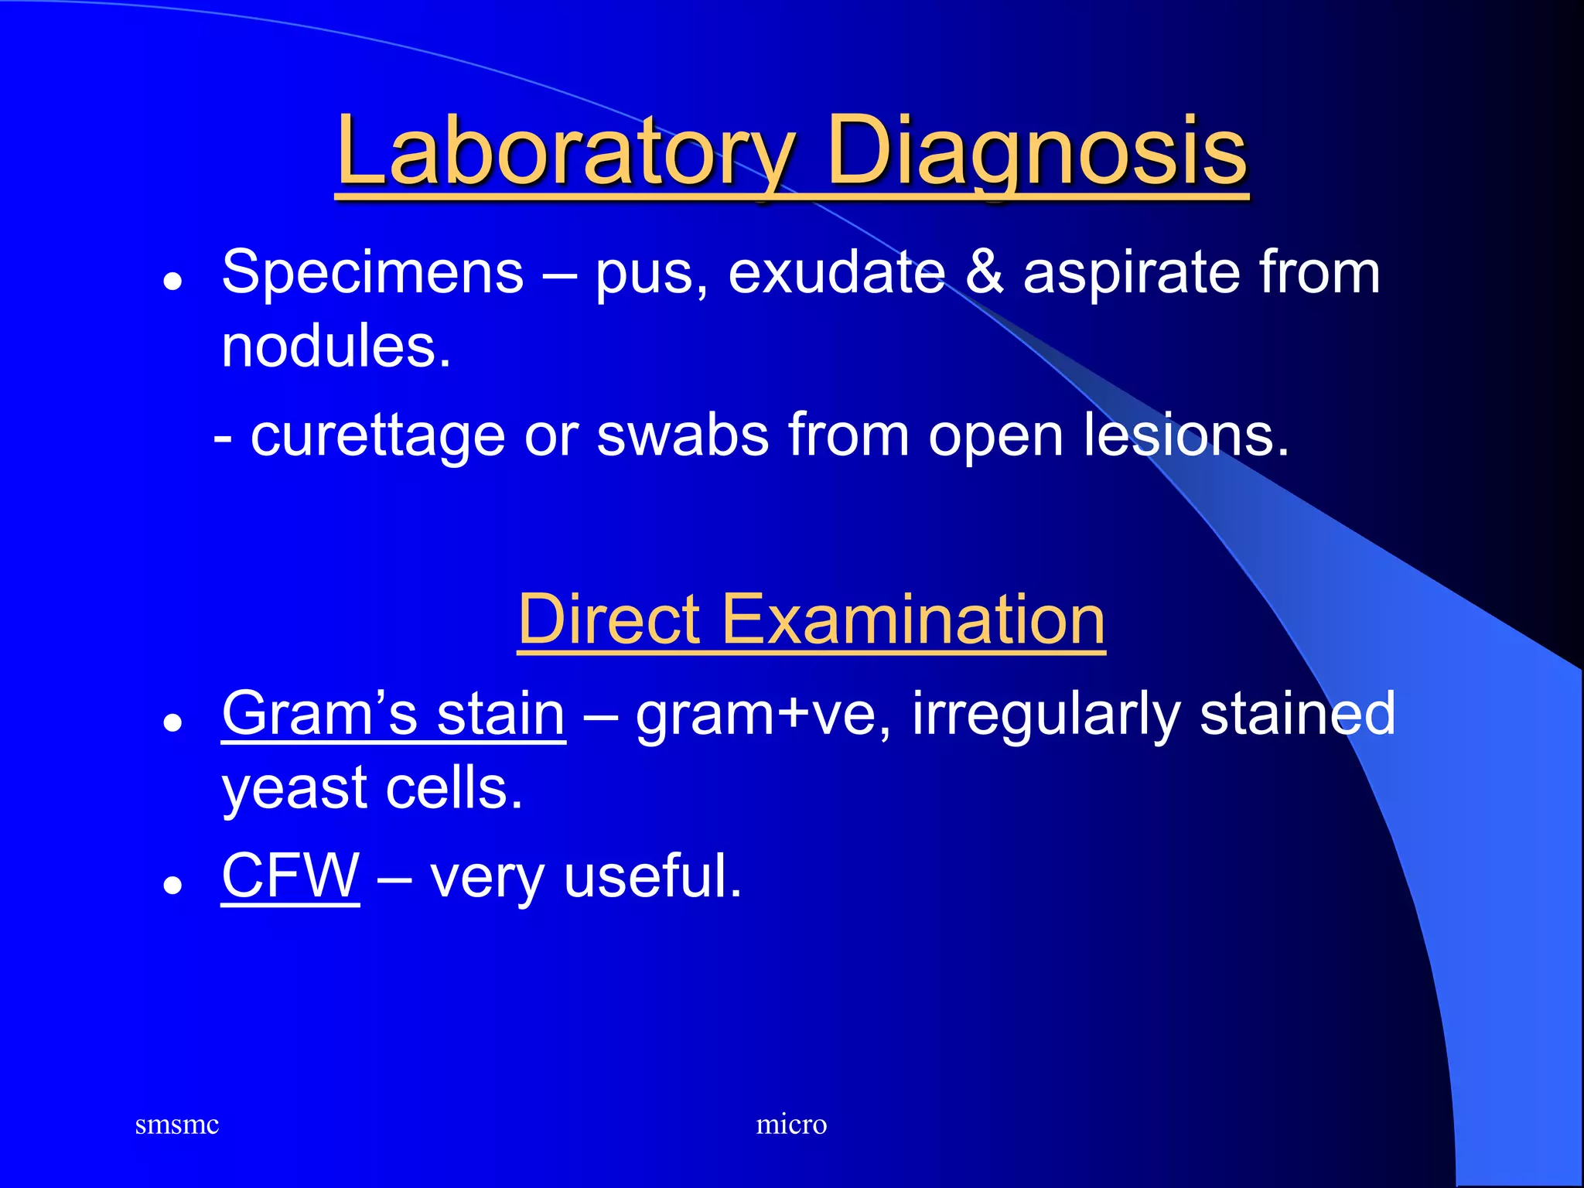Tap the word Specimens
[372, 272]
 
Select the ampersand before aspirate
[985, 272]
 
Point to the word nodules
[335, 346]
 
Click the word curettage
[377, 436]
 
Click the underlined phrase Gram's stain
[393, 714]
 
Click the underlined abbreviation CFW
[290, 876]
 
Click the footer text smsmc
[176, 1125]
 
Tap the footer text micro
[791, 1125]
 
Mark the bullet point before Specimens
[172, 282]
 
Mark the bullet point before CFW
[172, 886]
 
